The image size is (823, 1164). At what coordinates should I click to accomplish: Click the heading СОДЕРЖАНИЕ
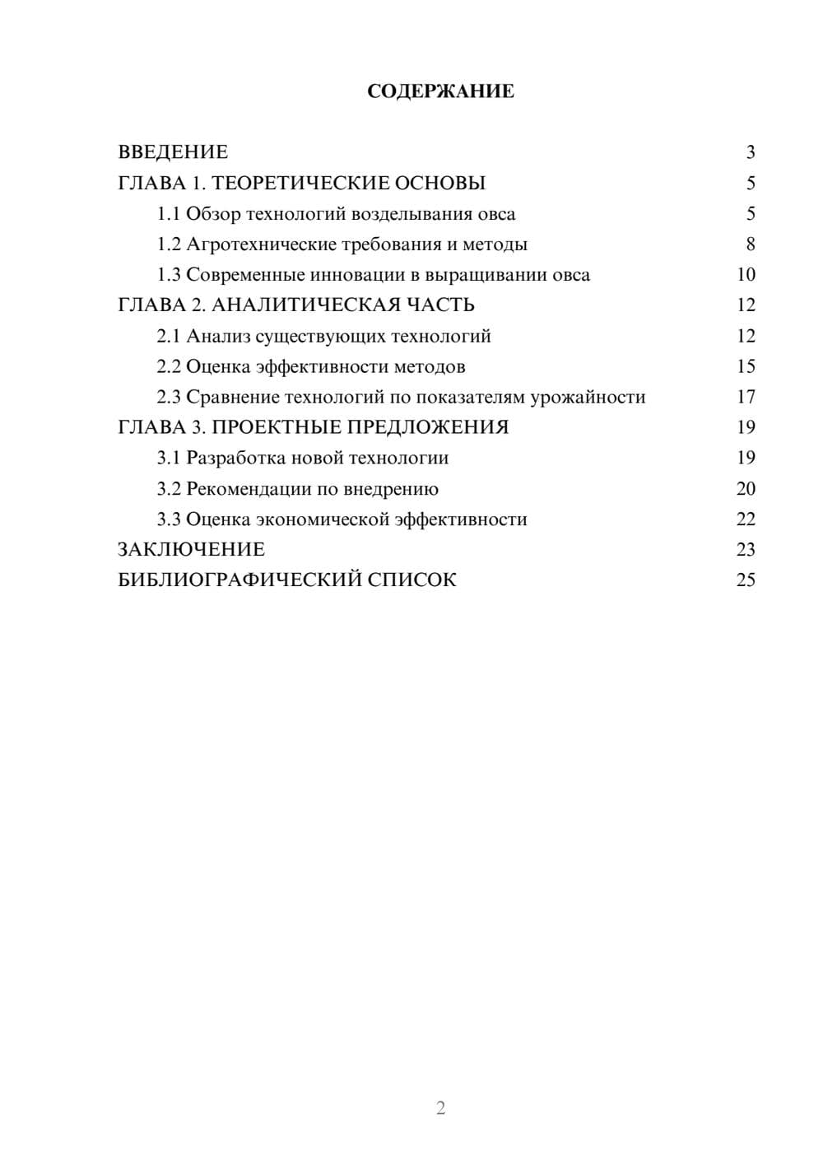440,91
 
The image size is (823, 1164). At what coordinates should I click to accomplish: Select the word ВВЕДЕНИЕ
173,152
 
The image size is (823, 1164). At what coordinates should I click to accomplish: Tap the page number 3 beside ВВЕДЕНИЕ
750,152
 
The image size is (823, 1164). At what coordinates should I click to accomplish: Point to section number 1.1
169,214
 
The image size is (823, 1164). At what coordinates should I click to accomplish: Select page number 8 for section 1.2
750,244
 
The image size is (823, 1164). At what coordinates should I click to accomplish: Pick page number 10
746,275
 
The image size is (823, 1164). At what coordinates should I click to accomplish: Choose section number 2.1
169,336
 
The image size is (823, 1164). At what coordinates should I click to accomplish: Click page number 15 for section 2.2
746,366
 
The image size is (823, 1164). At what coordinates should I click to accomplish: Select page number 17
746,398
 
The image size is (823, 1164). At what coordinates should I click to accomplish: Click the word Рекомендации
249,489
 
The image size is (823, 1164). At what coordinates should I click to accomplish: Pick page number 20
746,489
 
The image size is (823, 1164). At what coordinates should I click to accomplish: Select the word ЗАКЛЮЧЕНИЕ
191,549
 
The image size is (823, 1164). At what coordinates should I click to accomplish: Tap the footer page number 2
440,1108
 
